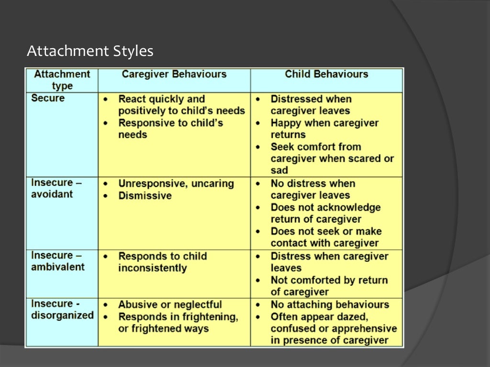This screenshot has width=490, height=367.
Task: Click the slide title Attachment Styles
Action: click(x=90, y=51)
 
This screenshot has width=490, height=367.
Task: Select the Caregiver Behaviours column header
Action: click(x=174, y=74)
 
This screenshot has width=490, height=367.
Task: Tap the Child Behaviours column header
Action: click(x=326, y=74)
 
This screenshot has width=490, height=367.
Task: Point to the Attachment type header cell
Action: click(x=62, y=80)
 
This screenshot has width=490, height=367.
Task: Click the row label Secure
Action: click(x=48, y=98)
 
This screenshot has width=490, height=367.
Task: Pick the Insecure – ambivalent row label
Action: click(x=57, y=261)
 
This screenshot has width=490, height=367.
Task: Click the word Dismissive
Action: click(x=145, y=196)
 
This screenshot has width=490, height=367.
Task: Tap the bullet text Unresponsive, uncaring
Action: click(x=176, y=184)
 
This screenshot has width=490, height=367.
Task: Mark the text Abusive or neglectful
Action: click(x=170, y=304)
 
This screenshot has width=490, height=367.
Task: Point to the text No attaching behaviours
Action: click(x=330, y=304)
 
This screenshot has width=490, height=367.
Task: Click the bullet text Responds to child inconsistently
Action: click(x=162, y=262)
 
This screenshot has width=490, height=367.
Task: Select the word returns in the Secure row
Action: click(x=288, y=135)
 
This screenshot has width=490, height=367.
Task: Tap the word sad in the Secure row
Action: click(x=279, y=171)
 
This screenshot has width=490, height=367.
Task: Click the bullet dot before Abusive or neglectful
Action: click(x=106, y=305)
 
